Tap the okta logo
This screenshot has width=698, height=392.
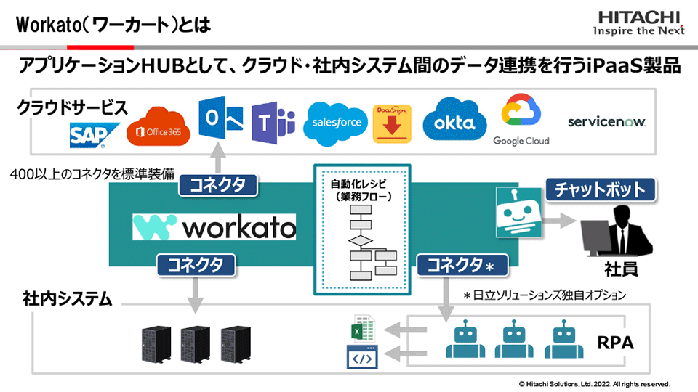(454, 123)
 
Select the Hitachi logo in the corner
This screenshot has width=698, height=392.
(638, 23)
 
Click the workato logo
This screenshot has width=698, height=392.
(214, 227)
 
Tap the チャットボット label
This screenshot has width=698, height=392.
(601, 190)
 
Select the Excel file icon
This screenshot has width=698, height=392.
(361, 330)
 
